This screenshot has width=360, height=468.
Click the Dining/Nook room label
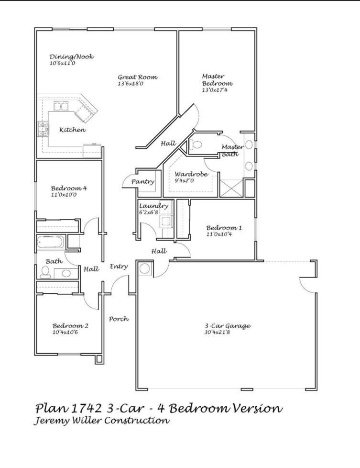[x=72, y=56]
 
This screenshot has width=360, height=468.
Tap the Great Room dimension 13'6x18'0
[x=131, y=84]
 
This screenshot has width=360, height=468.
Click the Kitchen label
[x=73, y=130]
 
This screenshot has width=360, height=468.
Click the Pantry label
[x=143, y=182]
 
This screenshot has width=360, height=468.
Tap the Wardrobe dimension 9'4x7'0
[x=184, y=181]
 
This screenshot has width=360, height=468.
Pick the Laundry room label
[x=154, y=206]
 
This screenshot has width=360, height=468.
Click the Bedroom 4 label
[x=69, y=188]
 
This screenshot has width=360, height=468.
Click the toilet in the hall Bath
[x=45, y=272]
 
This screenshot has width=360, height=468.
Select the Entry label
[x=119, y=267]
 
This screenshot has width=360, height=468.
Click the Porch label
[x=119, y=319]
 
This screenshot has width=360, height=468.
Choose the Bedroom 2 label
[x=70, y=326]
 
